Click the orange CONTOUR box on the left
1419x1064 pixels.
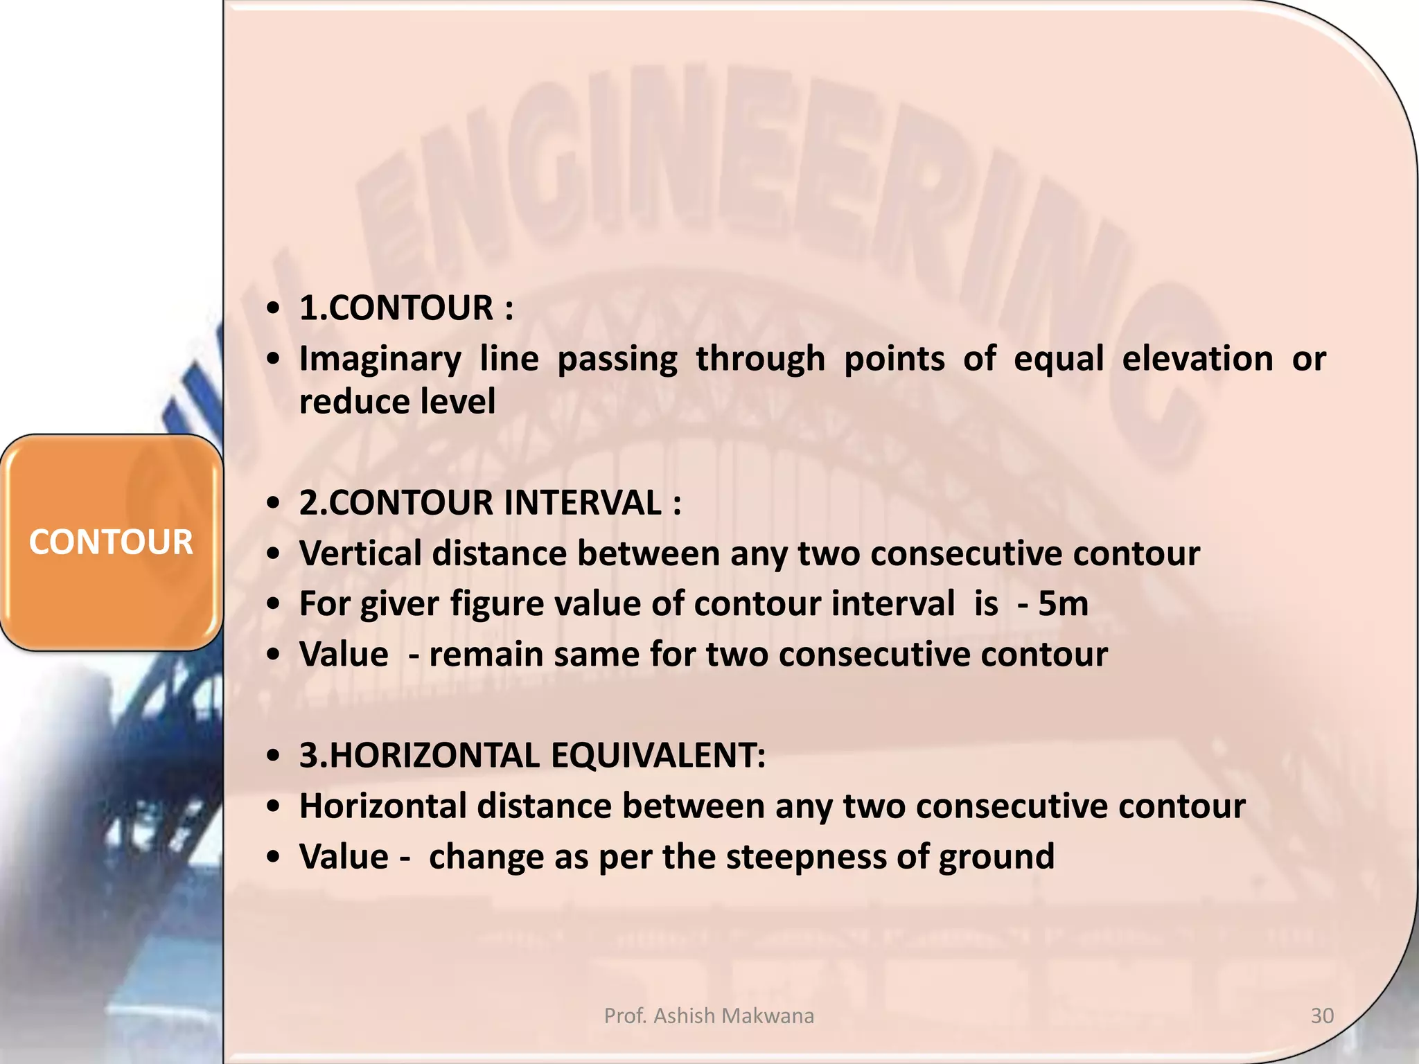pyautogui.click(x=111, y=542)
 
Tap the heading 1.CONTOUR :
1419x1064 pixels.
pyautogui.click(x=406, y=308)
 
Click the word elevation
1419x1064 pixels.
pyautogui.click(x=1197, y=359)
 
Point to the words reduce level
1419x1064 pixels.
pyautogui.click(x=397, y=402)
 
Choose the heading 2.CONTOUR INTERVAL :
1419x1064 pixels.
pyautogui.click(x=490, y=503)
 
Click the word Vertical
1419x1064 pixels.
pyautogui.click(x=360, y=553)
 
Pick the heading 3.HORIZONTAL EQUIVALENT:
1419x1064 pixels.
pyautogui.click(x=532, y=756)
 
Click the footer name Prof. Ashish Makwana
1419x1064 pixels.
pyautogui.click(x=709, y=1016)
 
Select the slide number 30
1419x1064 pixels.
pyautogui.click(x=1322, y=1016)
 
